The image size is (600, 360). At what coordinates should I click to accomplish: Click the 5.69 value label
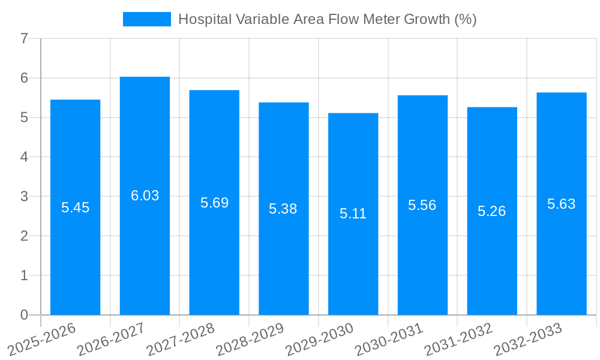pos(214,203)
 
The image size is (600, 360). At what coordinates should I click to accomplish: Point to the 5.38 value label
pos(283,209)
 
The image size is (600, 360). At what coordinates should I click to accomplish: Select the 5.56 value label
pos(422,205)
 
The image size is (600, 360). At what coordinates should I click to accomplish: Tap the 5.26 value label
pos(491,211)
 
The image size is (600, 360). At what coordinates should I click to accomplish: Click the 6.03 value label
pos(145,196)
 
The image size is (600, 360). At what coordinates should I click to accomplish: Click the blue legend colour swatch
pos(146,19)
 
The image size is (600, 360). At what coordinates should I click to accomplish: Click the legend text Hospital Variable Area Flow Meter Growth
pos(327,19)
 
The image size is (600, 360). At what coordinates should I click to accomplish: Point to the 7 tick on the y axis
pos(24,38)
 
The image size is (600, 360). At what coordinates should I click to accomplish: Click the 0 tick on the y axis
pos(24,315)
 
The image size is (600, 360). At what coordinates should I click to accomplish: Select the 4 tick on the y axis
pos(24,157)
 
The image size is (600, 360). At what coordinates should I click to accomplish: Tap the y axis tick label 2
pos(24,236)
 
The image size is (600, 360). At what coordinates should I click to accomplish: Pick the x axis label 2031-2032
pos(459,338)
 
